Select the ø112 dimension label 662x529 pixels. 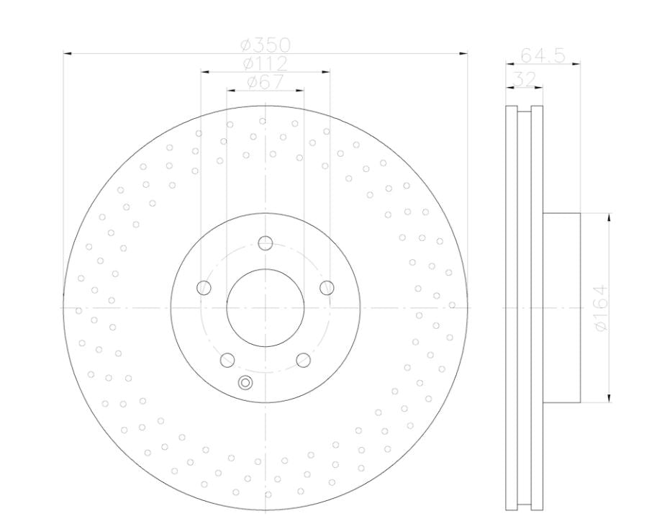click(265, 64)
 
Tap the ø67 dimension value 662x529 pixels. click(265, 82)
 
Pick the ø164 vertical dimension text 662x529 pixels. click(601, 307)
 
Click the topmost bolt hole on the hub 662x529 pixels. click(265, 243)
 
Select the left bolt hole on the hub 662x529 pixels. click(204, 288)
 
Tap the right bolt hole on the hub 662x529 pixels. click(327, 288)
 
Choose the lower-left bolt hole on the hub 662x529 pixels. click(227, 360)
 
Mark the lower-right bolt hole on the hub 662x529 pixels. click(303, 360)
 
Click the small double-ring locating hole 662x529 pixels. click(245, 382)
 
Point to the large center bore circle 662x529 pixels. click(265, 308)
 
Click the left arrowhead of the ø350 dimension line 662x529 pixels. click(67, 53)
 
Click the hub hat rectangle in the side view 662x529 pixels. click(561, 308)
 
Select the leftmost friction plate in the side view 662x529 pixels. click(511, 308)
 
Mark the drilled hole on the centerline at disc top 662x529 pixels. click(263, 121)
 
